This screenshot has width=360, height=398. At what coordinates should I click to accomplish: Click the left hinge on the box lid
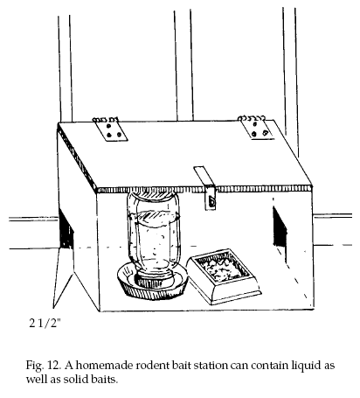111,129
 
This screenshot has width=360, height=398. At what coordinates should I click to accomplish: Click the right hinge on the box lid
256,128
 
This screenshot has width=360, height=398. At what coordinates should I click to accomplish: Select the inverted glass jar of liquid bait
154,234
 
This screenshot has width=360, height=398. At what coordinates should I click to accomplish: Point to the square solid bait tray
224,276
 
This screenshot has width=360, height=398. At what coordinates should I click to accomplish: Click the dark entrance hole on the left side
66,230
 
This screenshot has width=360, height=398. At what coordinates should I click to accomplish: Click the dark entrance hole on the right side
280,227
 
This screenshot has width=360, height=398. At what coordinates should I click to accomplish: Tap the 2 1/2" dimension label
45,323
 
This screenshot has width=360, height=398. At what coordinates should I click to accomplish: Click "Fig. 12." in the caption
44,366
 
